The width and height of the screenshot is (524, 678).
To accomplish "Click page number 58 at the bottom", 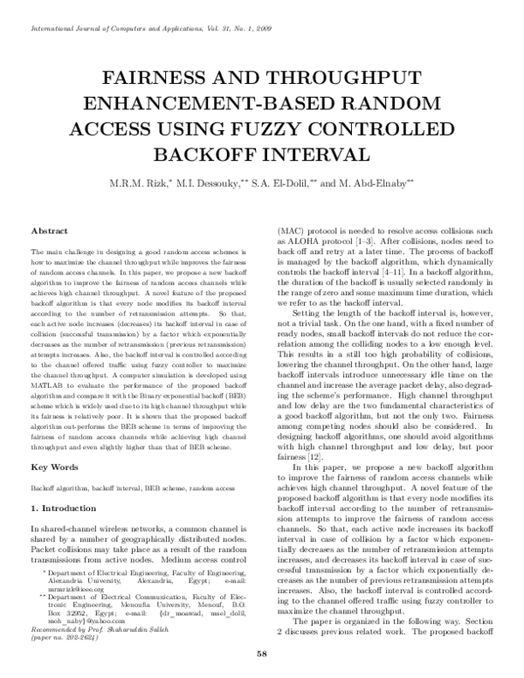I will (x=261, y=654).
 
